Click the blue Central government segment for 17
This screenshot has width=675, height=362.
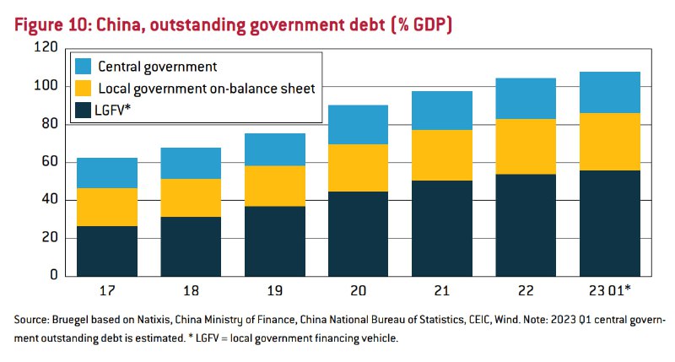pos(107,172)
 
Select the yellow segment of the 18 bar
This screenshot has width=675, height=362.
pos(191,197)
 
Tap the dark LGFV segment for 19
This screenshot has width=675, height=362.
pos(275,240)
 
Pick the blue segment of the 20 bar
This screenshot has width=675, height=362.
pos(359,124)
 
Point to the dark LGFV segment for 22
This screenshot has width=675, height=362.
pos(526,224)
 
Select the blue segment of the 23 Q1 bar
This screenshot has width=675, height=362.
pos(609,92)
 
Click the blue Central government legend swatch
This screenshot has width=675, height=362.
pos(83,66)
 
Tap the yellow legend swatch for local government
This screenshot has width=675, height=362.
pos(83,87)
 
